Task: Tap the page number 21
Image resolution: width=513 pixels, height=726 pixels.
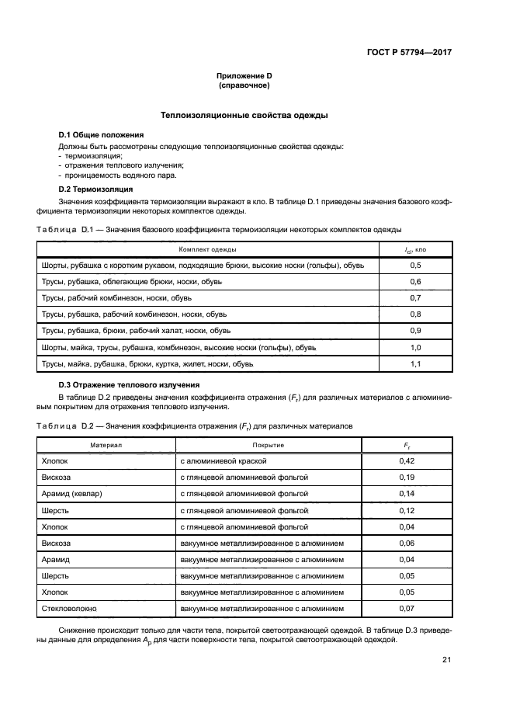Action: (x=446, y=660)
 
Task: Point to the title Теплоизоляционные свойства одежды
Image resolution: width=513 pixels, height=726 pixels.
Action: (x=244, y=116)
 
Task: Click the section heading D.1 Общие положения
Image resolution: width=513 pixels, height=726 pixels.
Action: (x=102, y=135)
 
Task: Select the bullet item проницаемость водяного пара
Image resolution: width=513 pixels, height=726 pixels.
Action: (x=113, y=176)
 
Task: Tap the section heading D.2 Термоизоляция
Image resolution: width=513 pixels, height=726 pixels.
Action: (x=96, y=189)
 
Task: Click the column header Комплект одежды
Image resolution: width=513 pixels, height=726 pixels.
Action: (x=208, y=249)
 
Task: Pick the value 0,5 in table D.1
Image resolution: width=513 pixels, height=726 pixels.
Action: (x=415, y=266)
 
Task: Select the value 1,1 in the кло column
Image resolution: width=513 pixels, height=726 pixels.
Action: (x=415, y=363)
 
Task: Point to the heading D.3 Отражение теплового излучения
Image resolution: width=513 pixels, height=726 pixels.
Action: (x=130, y=385)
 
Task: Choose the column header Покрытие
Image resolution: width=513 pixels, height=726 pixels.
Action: (x=268, y=445)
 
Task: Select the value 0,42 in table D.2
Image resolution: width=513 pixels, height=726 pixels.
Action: (x=406, y=461)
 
